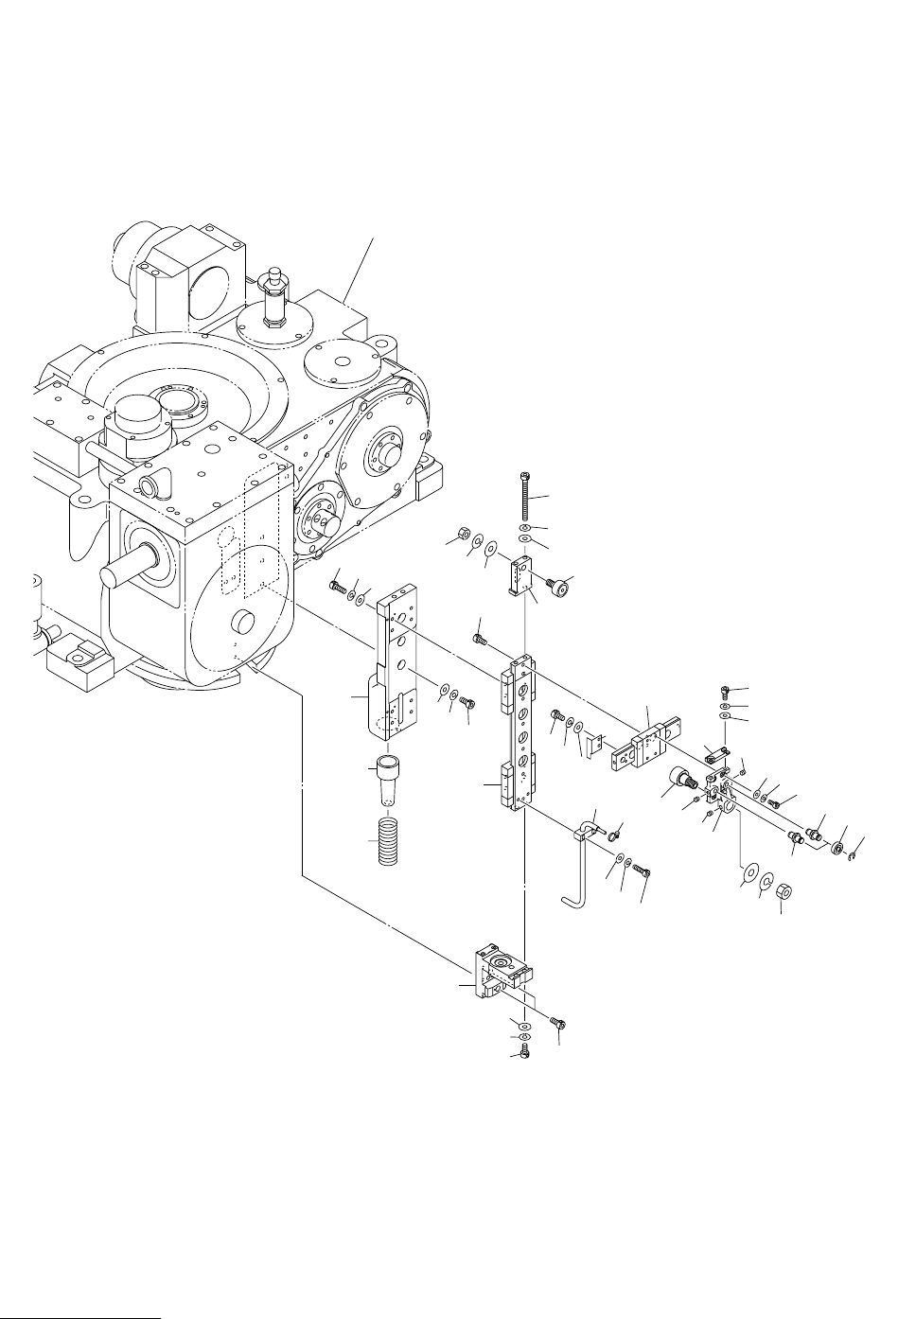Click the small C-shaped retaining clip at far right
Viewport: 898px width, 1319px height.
(x=854, y=857)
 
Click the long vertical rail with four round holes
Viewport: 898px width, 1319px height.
(x=519, y=735)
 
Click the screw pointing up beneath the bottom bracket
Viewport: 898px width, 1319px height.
(x=524, y=1052)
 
